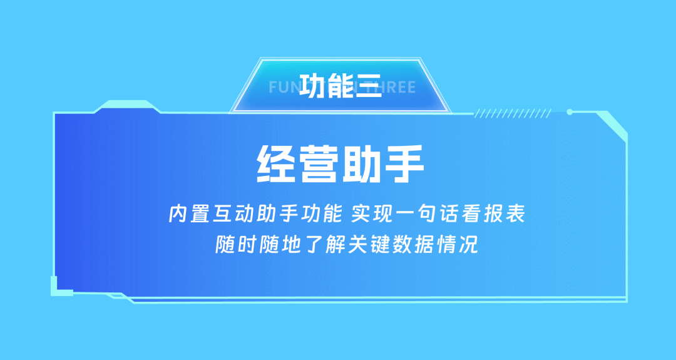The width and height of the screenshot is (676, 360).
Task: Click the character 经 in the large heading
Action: point(276,164)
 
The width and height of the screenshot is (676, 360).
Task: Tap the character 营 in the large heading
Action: point(319,164)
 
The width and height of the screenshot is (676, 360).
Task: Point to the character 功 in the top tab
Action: point(312,86)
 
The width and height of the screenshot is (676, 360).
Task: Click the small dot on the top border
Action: point(570,112)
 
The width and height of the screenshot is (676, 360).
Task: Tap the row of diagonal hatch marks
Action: point(513,113)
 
